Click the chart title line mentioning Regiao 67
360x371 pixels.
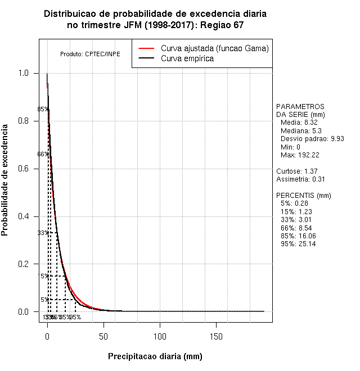coord(155,25)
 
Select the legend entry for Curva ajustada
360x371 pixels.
coord(214,48)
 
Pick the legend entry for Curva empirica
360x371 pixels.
coord(187,58)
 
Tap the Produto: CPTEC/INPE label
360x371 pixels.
coord(90,54)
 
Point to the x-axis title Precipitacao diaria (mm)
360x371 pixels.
coord(155,356)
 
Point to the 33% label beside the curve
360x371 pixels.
coord(43,233)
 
